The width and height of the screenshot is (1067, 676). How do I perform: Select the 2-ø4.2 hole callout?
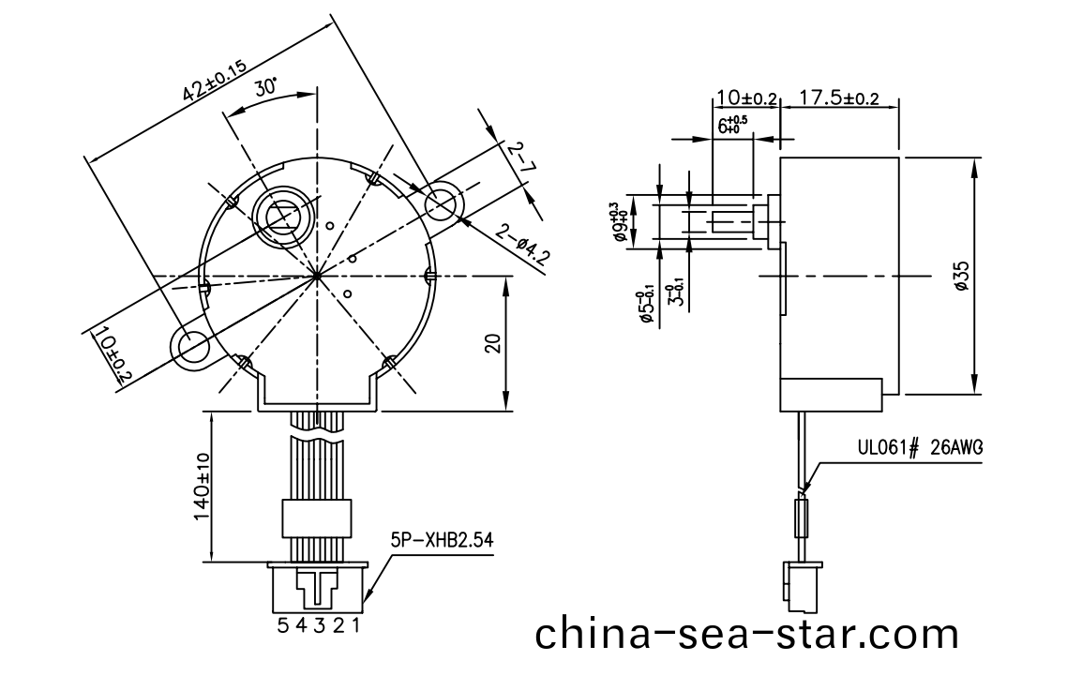coord(522,246)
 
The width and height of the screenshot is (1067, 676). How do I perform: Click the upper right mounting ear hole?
coord(441,203)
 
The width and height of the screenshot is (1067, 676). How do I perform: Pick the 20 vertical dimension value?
coord(495,343)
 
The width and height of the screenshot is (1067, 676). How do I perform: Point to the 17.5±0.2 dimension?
coord(838,98)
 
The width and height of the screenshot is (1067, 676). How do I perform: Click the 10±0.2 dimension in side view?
coord(746,98)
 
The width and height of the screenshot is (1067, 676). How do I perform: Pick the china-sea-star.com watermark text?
coord(747,634)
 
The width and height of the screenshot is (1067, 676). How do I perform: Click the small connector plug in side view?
coord(803,581)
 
